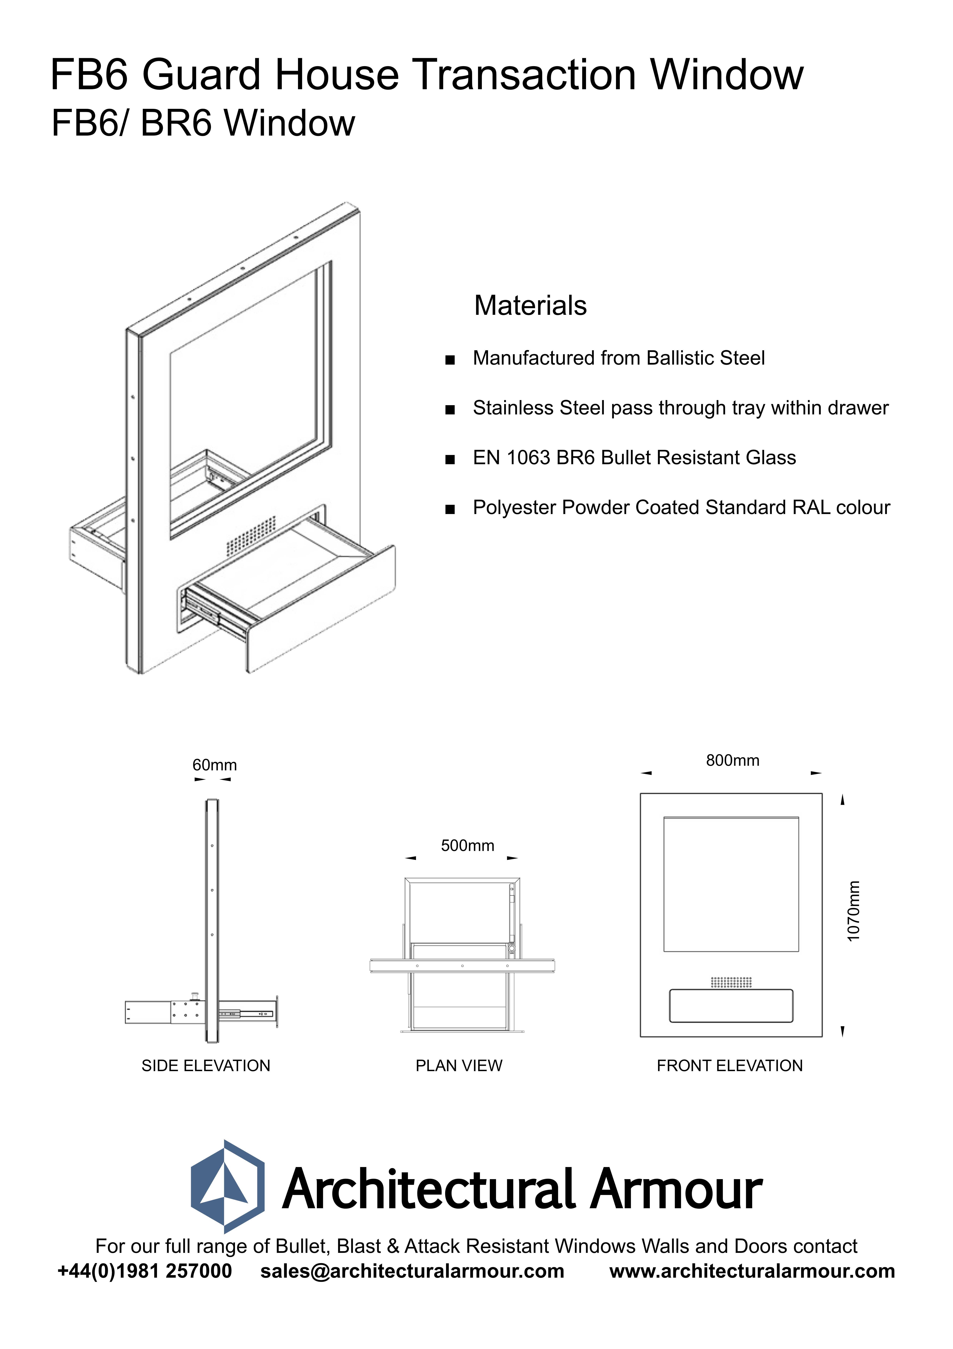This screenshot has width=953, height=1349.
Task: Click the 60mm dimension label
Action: tap(214, 765)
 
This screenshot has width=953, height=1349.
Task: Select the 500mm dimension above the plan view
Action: tap(467, 846)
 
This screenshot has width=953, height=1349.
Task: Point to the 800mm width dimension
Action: tap(732, 760)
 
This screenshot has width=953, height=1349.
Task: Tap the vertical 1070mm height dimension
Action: tap(853, 911)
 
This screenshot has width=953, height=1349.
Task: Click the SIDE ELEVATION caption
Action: tap(206, 1066)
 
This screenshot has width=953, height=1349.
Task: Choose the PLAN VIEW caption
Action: tap(459, 1066)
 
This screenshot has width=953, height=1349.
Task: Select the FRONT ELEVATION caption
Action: tap(729, 1066)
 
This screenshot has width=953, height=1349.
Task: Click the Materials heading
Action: tap(530, 306)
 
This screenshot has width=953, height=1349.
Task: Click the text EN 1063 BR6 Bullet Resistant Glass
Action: tap(634, 458)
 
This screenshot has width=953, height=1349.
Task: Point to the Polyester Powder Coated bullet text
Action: tap(681, 508)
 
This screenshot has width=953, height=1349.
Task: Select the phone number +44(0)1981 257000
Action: tap(145, 1271)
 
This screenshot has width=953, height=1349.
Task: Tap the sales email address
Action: tap(412, 1271)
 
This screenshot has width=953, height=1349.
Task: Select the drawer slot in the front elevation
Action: tap(731, 1006)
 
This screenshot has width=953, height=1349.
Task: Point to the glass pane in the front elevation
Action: tap(731, 884)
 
